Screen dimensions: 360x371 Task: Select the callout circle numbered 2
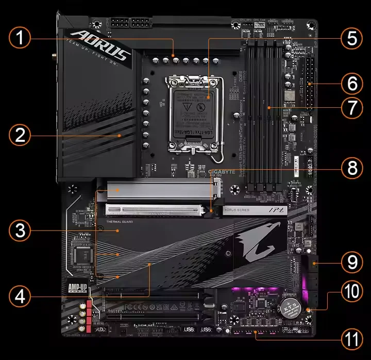point(20,135)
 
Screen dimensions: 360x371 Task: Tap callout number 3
point(20,231)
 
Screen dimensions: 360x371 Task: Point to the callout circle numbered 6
point(352,83)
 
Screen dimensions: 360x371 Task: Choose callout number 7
point(352,108)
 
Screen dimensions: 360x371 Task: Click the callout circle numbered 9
point(352,263)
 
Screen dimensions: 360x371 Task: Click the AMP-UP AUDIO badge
point(79,287)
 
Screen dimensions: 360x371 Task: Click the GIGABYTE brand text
point(222,172)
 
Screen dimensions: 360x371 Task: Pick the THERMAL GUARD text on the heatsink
point(120,222)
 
